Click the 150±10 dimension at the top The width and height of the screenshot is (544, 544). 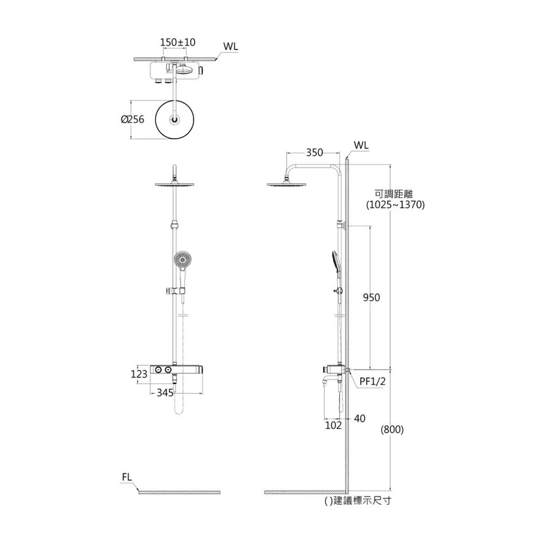point(178,42)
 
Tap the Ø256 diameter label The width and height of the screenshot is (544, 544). point(133,119)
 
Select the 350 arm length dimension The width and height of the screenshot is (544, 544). point(314,153)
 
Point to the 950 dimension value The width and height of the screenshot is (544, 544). point(371,298)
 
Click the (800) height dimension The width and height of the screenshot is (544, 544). point(392,430)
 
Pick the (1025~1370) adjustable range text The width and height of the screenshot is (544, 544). point(395,205)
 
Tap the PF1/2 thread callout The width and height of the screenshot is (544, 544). point(372,382)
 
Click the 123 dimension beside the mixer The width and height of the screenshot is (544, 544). point(139,374)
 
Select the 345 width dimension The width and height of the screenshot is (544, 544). point(165,393)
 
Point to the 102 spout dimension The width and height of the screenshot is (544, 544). point(333,425)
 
